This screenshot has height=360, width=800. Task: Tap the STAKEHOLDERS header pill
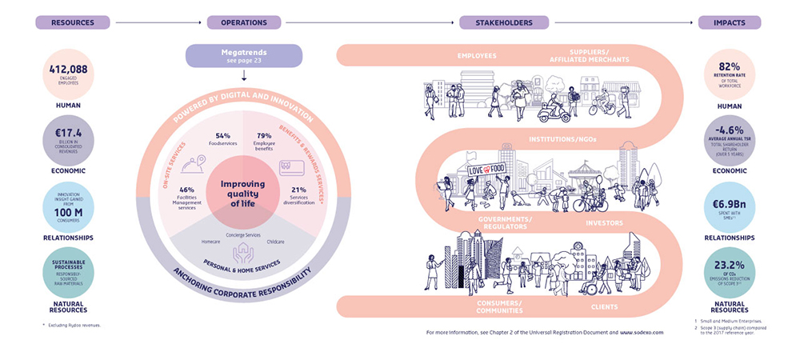pyautogui.click(x=510, y=22)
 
